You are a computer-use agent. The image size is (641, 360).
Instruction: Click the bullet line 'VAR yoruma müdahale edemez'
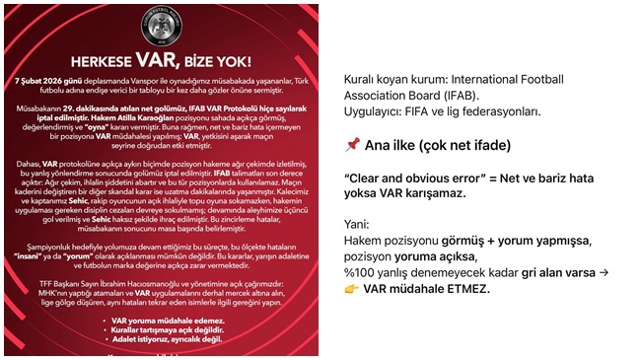tap(162, 321)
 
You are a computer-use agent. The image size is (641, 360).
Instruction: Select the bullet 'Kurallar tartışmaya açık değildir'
tap(162, 329)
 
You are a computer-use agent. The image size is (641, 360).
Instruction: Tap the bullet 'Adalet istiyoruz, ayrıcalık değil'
tap(162, 338)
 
